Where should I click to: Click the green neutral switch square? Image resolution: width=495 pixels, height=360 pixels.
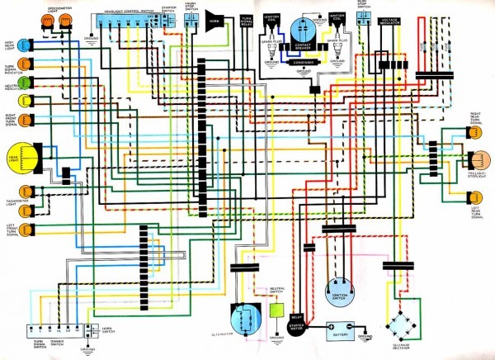tap(277, 311)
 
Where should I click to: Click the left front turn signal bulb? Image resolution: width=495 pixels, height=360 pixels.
tap(28, 228)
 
